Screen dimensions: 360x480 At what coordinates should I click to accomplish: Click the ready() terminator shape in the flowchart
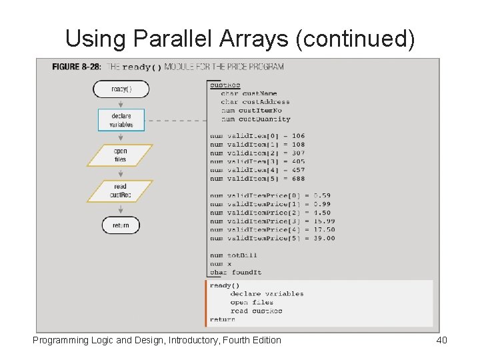[121, 89]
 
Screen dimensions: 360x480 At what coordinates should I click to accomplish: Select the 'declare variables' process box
[121, 120]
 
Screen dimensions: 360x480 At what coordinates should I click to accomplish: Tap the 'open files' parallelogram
[120, 155]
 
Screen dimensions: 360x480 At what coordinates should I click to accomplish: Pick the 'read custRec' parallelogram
[120, 191]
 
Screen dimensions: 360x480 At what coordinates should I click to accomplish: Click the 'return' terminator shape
[121, 225]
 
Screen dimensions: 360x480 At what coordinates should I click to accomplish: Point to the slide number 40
[441, 341]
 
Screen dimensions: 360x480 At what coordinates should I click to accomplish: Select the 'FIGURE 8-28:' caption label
[77, 67]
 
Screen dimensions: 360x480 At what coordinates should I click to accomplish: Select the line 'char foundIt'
[236, 272]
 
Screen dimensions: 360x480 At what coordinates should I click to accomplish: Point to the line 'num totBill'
[234, 255]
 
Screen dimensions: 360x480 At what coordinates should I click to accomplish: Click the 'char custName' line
[249, 93]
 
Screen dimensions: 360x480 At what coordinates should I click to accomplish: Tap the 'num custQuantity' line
[255, 119]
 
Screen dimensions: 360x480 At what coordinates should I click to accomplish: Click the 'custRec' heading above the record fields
[225, 85]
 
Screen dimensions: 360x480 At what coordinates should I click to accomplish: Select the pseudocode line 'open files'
[252, 302]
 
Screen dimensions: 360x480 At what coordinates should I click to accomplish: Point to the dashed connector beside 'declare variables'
[175, 120]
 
